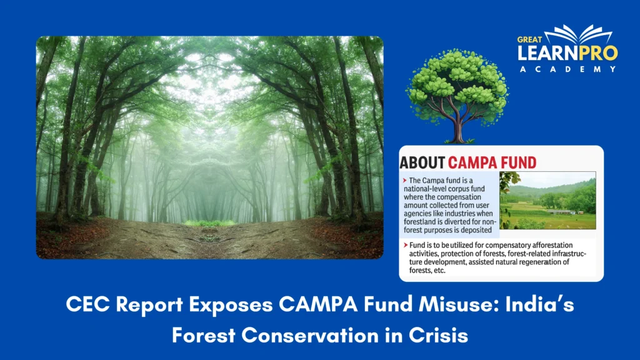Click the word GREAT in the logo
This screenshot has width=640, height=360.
[x=529, y=40]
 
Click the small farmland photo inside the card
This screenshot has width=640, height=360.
[x=547, y=200]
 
